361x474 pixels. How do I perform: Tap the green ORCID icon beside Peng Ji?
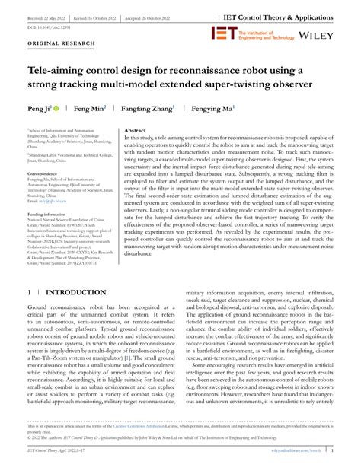click(35, 109)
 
